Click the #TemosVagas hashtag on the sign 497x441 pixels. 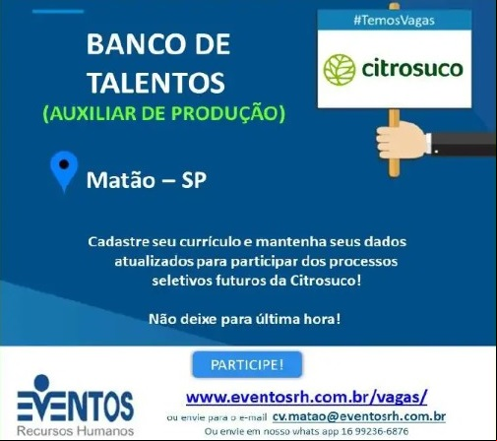(394, 21)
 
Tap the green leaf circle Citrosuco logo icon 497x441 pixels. (340, 70)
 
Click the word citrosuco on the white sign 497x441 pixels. (412, 69)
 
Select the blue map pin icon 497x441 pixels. (64, 170)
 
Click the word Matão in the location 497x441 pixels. (120, 180)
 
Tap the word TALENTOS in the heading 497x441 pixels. (156, 83)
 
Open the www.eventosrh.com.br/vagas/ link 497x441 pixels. (306, 398)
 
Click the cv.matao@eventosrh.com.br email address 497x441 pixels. (359, 416)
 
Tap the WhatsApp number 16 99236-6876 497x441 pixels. (375, 431)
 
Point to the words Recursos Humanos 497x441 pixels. (75, 430)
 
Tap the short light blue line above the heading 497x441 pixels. (58, 12)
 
